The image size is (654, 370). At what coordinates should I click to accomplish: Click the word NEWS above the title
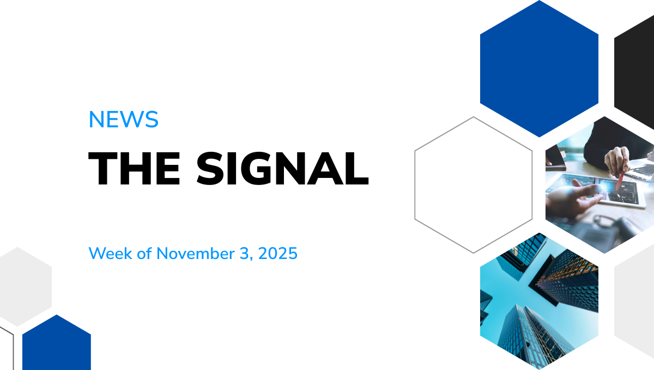(x=123, y=119)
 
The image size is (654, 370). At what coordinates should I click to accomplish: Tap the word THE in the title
(x=135, y=169)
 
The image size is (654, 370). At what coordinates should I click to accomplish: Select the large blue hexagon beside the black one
(x=539, y=68)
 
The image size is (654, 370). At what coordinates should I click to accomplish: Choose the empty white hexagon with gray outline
(x=473, y=185)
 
